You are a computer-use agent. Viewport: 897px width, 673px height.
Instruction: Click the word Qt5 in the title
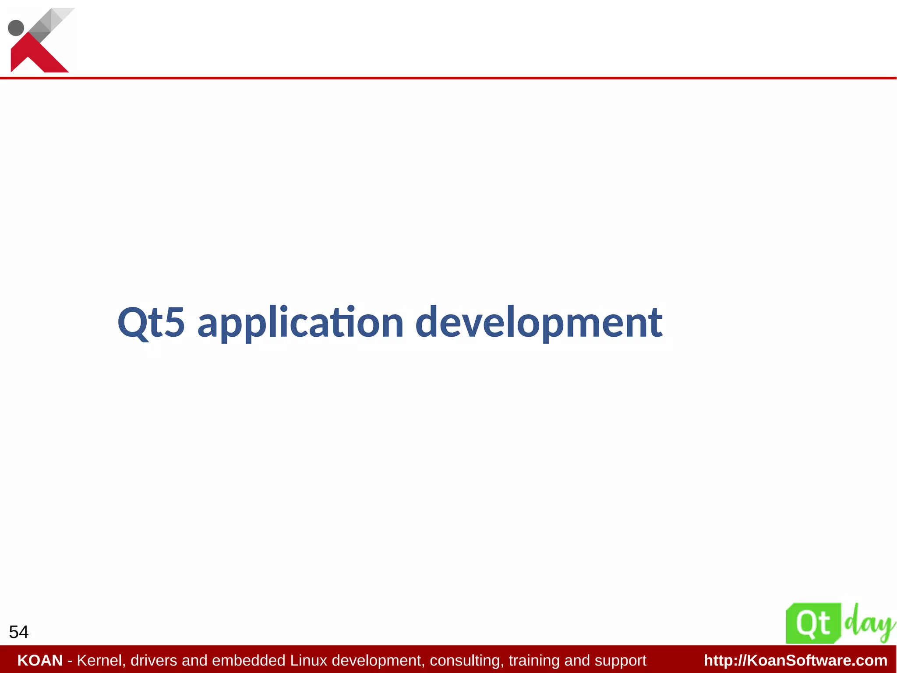click(x=151, y=323)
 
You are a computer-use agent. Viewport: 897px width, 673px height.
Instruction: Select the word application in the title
click(x=300, y=324)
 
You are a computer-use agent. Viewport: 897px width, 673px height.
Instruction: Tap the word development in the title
click(x=538, y=324)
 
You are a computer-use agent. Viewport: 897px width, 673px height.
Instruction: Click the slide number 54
click(x=18, y=632)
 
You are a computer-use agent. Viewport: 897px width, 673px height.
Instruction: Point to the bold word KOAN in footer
click(x=40, y=660)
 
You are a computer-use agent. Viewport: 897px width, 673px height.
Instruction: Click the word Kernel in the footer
click(x=101, y=660)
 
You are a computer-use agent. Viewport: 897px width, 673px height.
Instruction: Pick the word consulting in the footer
click(x=467, y=660)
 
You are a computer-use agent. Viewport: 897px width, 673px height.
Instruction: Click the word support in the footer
click(x=620, y=660)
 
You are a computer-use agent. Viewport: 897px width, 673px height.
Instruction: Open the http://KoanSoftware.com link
click(x=795, y=660)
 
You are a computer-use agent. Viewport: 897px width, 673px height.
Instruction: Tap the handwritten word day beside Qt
click(x=869, y=623)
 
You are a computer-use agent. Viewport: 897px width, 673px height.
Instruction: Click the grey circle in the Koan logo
click(x=16, y=28)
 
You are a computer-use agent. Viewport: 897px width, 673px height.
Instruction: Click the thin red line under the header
click(x=448, y=78)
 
